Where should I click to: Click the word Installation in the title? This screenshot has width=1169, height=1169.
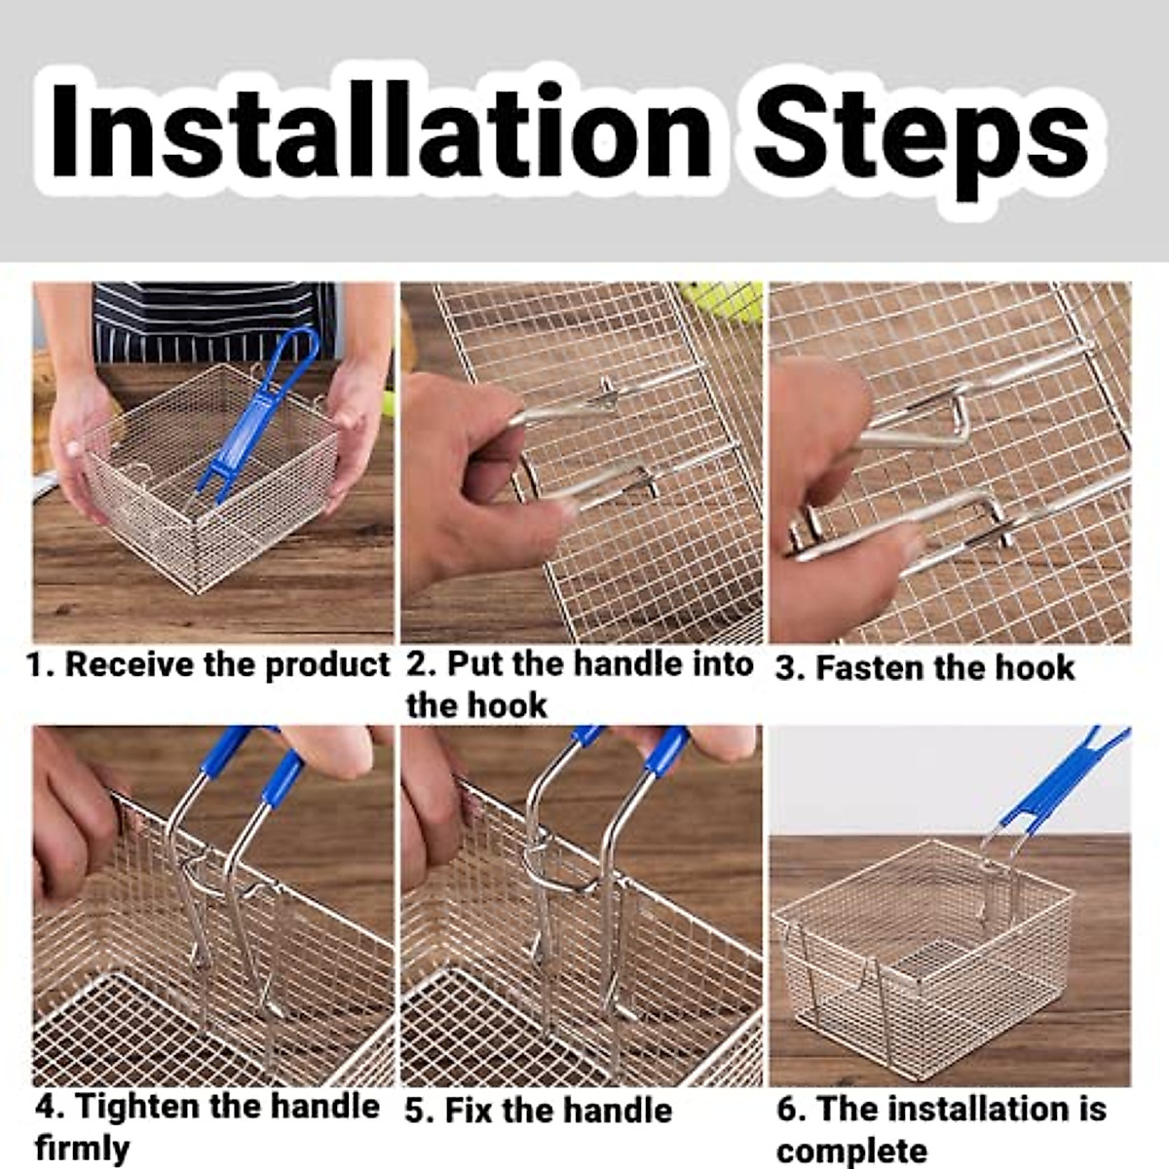pos(381,132)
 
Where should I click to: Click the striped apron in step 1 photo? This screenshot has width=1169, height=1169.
pos(213,321)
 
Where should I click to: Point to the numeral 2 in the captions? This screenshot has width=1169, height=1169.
pos(415,664)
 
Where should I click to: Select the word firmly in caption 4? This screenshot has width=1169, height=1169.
pos(83,1148)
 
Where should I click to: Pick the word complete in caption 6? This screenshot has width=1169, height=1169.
pos(851,1150)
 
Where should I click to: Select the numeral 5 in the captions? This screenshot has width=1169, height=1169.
pos(414,1112)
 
